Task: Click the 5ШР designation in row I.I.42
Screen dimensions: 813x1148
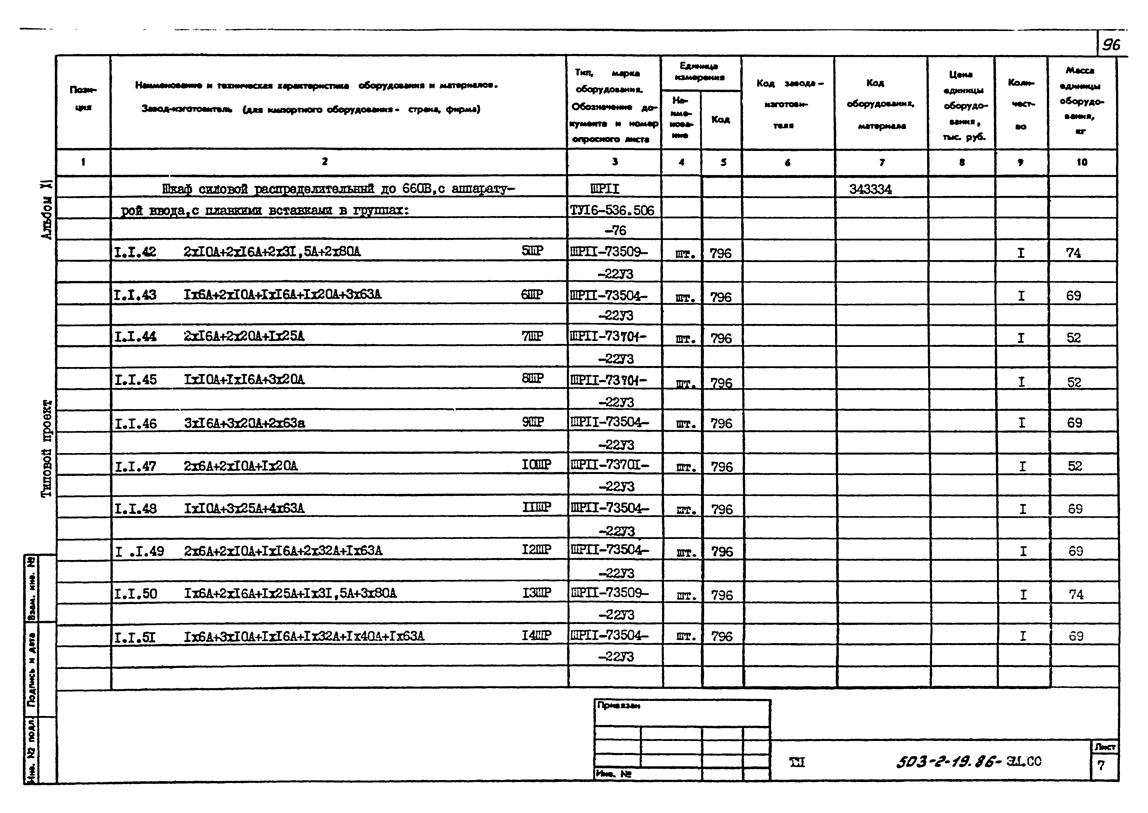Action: point(532,251)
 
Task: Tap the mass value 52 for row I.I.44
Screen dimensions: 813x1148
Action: point(1073,338)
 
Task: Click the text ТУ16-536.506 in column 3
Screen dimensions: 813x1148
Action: point(612,210)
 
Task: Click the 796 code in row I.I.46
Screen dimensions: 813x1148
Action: point(721,424)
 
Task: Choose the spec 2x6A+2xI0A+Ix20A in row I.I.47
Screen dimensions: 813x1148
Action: point(240,466)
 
